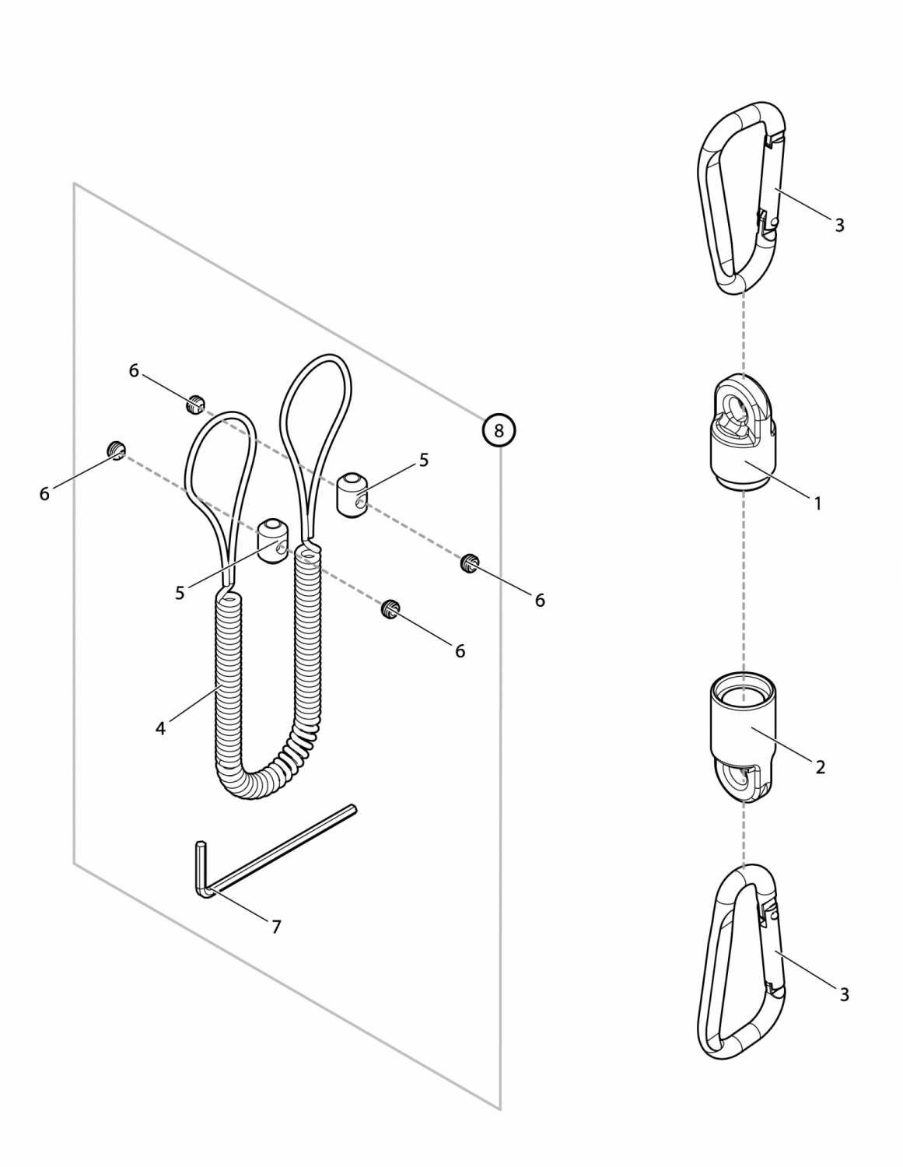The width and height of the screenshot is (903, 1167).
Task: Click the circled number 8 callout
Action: pos(499,430)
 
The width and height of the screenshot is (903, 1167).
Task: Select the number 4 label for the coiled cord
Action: pos(160,729)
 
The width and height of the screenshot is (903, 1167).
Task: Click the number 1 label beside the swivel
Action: pos(817,503)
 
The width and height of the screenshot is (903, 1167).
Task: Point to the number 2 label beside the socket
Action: pos(820,767)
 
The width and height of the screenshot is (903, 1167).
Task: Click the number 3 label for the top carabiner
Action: pos(840,225)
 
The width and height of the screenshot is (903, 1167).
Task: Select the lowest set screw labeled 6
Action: pos(390,608)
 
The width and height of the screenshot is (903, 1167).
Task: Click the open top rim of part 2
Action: pos(743,695)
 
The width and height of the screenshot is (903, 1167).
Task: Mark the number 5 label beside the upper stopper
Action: pos(424,460)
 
